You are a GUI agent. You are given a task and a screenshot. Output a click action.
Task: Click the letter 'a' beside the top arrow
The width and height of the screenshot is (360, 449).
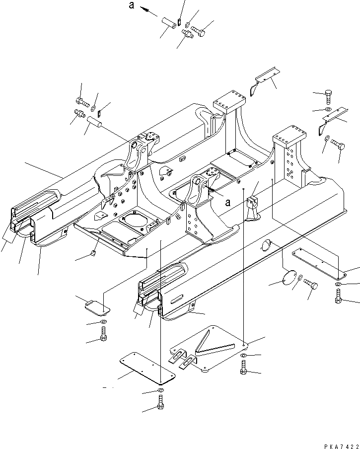132,6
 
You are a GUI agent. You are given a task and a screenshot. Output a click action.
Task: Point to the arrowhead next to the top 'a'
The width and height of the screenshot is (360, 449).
143,8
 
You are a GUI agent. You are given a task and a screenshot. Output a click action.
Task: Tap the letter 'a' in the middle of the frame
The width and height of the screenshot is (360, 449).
227,202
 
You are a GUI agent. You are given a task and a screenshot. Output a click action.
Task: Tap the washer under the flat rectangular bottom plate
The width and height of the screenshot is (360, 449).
161,392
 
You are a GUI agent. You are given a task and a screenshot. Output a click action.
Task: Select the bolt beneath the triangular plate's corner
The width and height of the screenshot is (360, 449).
243,368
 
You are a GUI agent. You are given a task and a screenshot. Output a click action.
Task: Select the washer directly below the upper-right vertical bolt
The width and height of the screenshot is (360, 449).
329,109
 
